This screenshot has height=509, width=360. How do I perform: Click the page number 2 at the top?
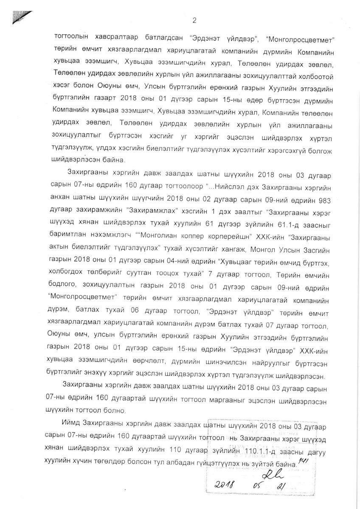[194, 20]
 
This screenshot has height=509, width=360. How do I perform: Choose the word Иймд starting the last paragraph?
[72, 425]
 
